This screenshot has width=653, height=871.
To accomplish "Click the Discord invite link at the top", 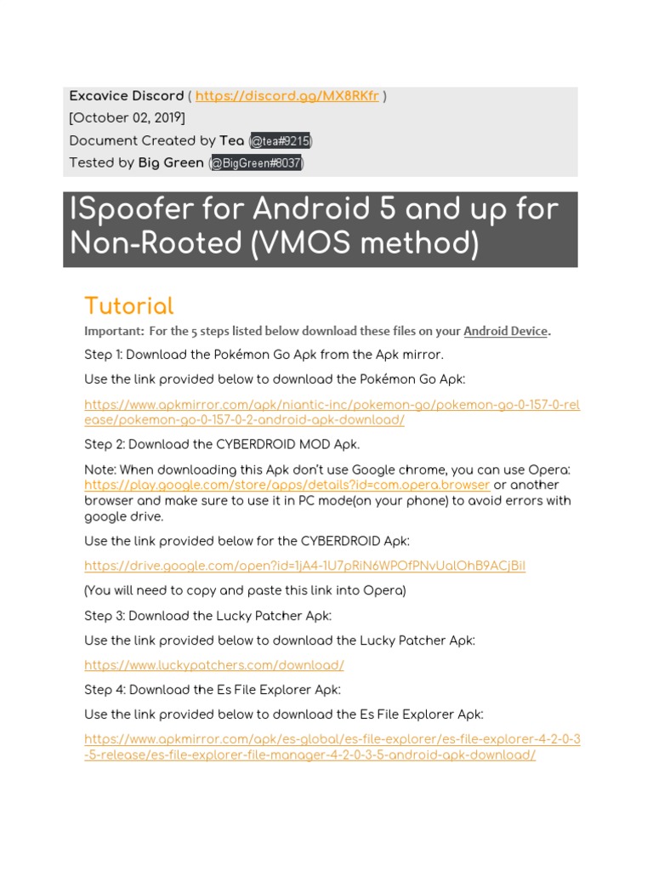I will (287, 96).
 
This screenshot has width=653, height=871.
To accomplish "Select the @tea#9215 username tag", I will (273, 141).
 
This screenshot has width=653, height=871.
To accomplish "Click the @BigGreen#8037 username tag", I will (256, 163).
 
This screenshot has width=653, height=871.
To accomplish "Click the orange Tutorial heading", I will (128, 306).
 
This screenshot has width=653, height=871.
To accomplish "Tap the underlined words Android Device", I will (505, 332).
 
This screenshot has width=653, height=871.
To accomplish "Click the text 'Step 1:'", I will (104, 355).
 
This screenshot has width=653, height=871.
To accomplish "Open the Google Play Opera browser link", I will (287, 485).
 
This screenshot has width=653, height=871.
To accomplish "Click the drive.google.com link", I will (304, 566).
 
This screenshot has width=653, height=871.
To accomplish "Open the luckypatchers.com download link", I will (213, 666).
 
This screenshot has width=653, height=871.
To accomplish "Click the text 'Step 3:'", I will (105, 616).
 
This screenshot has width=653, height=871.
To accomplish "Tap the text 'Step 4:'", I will (105, 690).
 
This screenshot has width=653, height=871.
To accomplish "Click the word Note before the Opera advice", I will (99, 470).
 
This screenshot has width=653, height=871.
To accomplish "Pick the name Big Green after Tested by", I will (171, 163).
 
